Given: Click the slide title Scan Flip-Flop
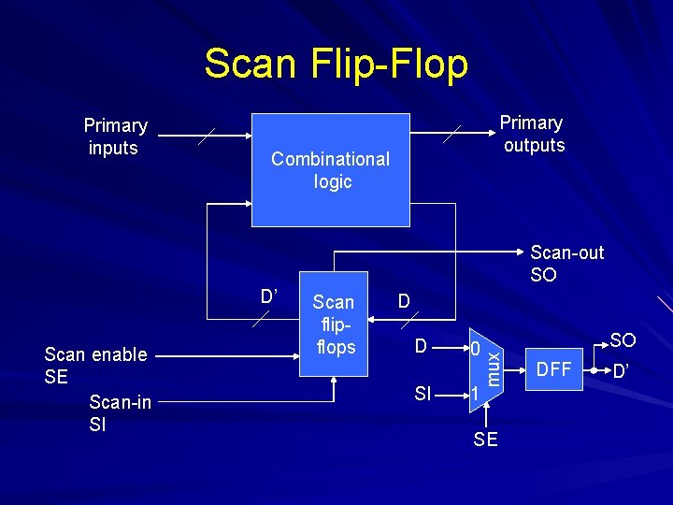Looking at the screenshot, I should (336, 65).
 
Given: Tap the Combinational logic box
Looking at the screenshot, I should (331, 170).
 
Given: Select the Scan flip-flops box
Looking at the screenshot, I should (334, 325).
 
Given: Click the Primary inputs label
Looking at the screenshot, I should (115, 137).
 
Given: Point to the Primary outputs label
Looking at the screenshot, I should (532, 134).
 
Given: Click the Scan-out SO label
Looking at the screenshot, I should (566, 264).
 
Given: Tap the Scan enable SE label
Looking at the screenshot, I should (95, 365).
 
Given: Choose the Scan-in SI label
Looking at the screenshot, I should (120, 412).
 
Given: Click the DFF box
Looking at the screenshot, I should (554, 369).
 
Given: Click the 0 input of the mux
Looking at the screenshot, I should (475, 350).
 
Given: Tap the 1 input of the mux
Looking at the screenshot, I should (475, 394).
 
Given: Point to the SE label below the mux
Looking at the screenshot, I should (486, 440).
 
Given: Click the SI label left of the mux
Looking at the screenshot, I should (422, 395).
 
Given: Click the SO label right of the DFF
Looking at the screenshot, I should (623, 341).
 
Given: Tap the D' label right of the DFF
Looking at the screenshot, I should (621, 371).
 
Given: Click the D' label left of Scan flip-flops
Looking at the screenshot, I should (268, 296).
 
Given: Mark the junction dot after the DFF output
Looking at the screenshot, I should (594, 369).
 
